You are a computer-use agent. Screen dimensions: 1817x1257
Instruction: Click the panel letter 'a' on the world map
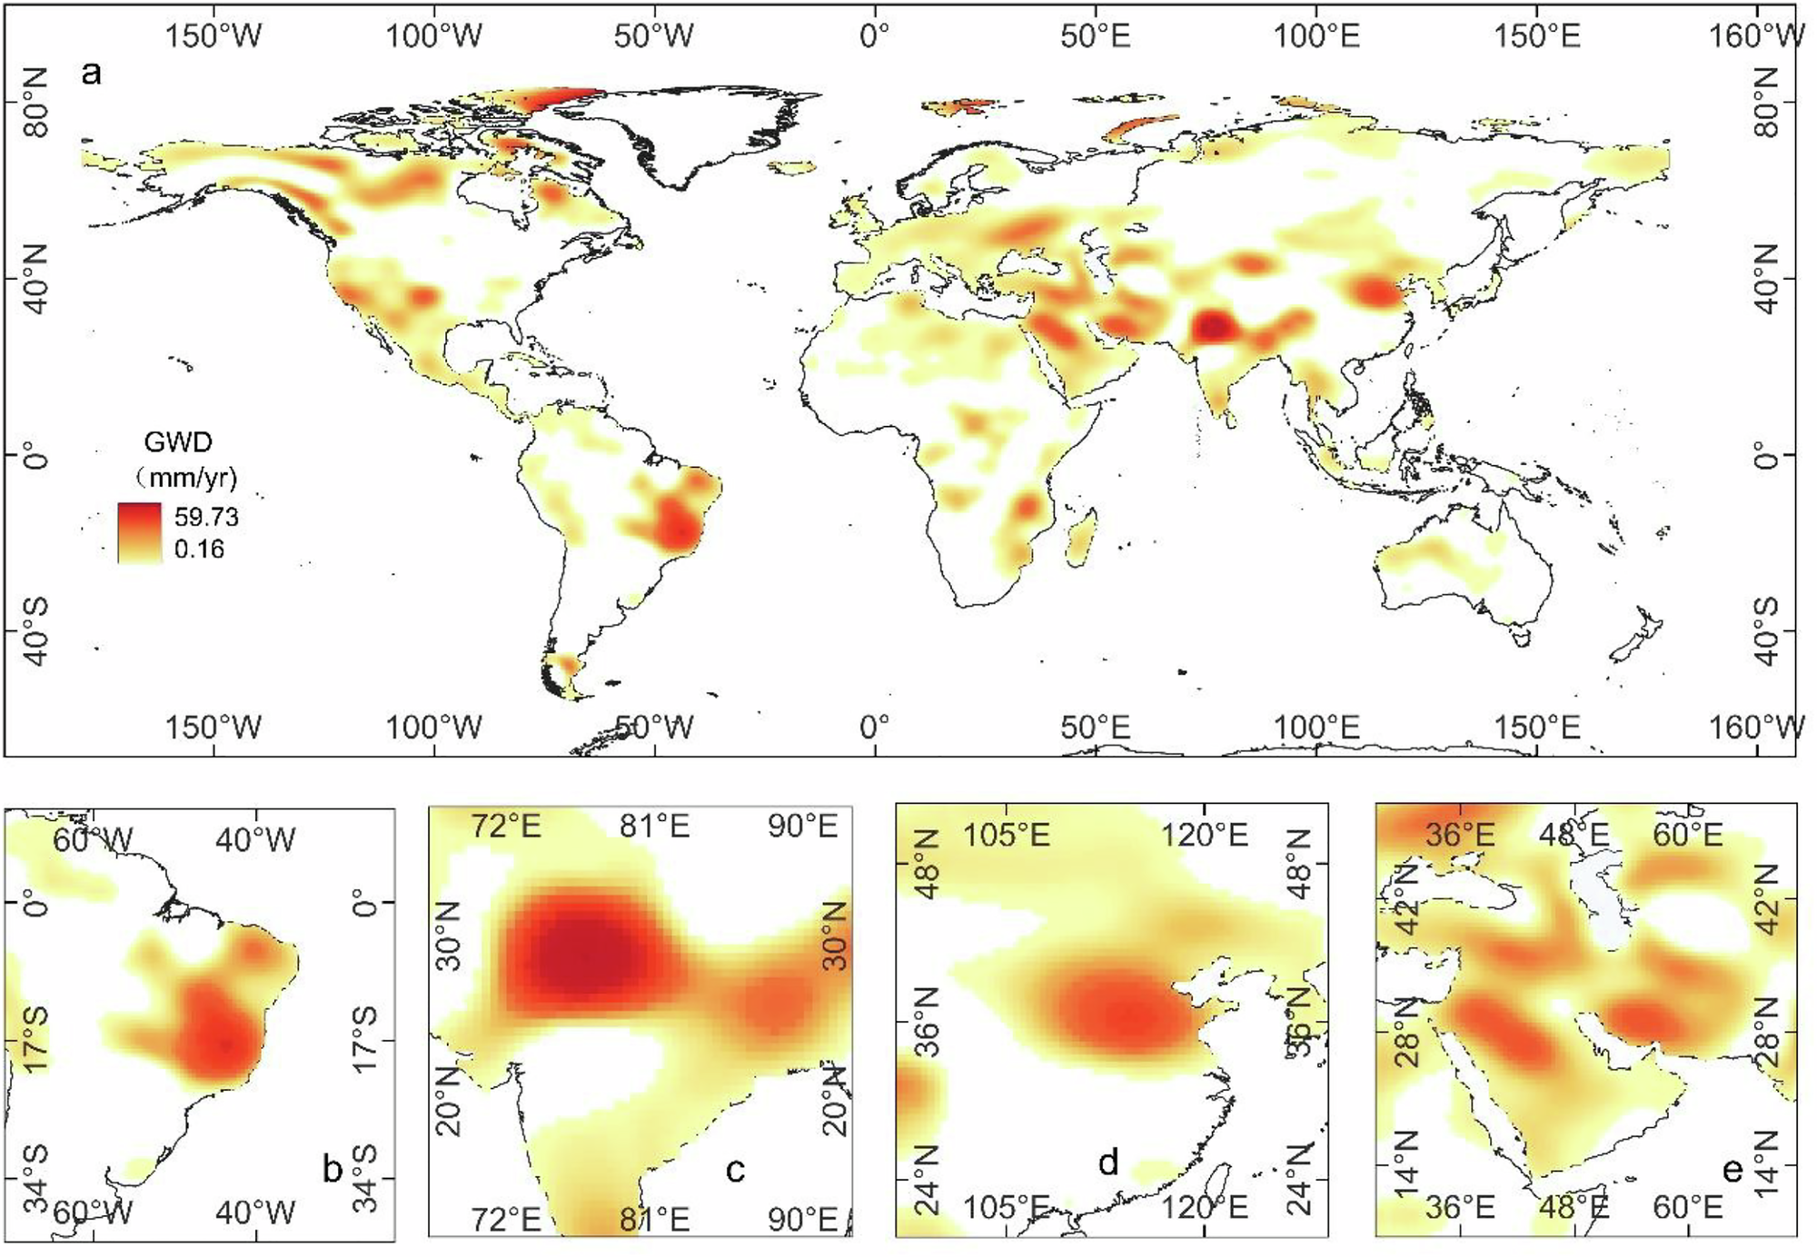(x=91, y=72)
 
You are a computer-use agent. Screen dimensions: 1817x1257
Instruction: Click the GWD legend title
(x=178, y=442)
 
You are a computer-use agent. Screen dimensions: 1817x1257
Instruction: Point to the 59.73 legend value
(x=206, y=517)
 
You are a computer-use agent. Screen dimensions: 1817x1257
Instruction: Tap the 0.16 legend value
(x=199, y=549)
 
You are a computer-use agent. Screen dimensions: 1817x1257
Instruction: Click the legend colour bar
(x=140, y=533)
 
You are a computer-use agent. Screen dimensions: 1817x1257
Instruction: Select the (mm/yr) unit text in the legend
(x=186, y=478)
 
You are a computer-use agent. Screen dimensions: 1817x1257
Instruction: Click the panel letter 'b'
(x=333, y=1170)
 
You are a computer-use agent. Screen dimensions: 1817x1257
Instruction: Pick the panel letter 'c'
(x=736, y=1171)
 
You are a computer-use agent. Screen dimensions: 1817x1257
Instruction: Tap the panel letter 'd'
(x=1108, y=1163)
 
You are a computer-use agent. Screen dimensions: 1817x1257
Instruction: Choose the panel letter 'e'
(x=1733, y=1171)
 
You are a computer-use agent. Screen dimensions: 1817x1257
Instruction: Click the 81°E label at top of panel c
(x=655, y=826)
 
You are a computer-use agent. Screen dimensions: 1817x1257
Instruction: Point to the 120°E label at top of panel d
(x=1205, y=834)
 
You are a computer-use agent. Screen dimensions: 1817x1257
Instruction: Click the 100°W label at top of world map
(x=434, y=36)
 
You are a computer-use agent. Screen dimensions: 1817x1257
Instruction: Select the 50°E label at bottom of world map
(x=1096, y=727)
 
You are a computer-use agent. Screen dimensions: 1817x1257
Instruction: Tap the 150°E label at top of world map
(x=1537, y=36)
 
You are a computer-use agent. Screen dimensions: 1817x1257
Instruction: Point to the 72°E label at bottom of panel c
(x=506, y=1219)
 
